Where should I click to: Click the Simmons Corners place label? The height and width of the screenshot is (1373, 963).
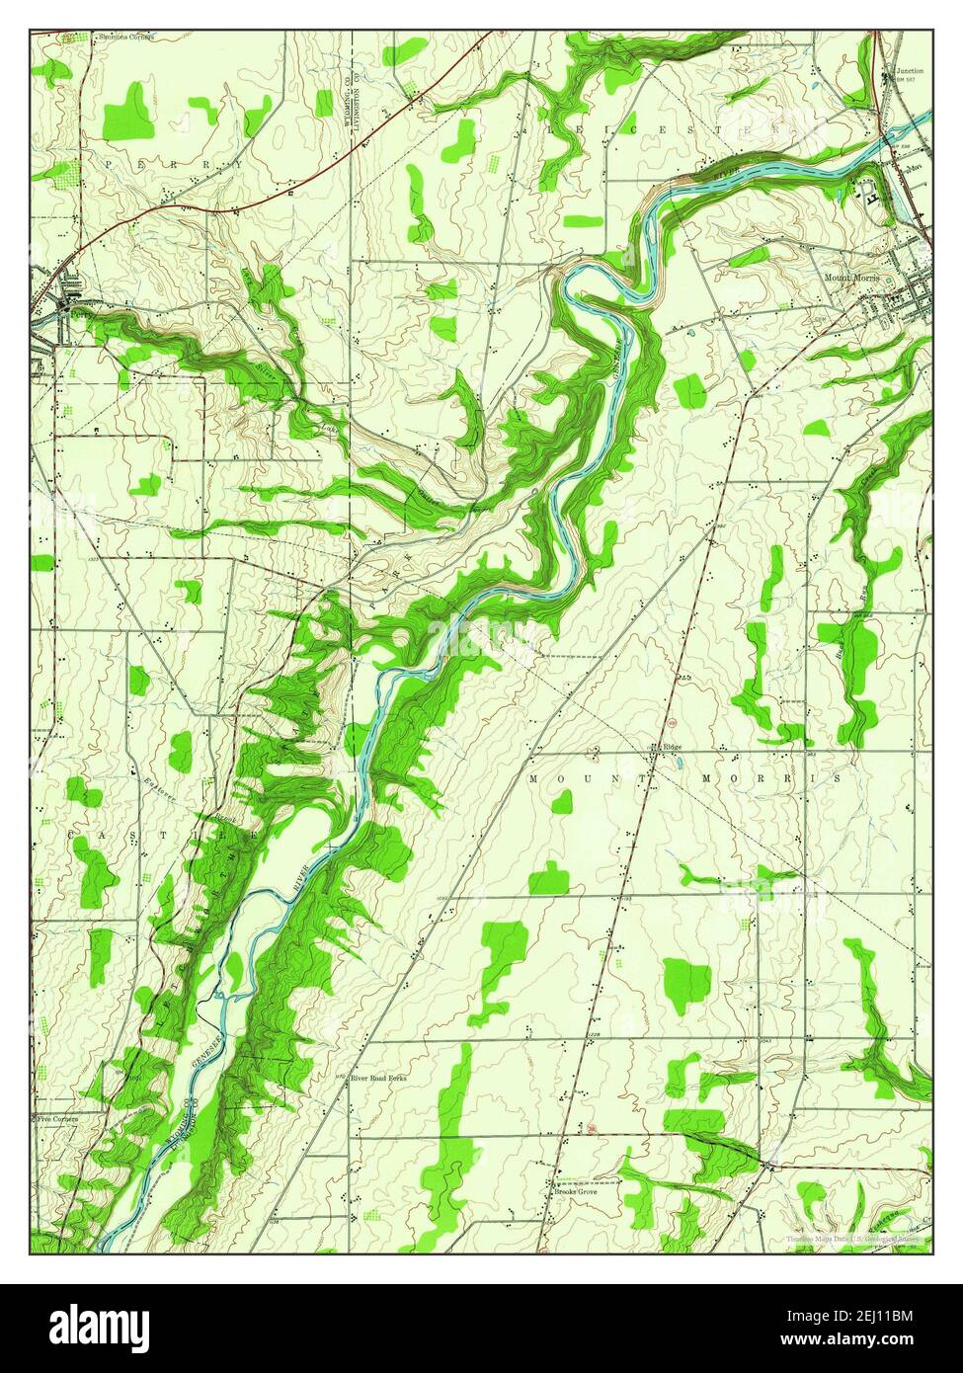[x=125, y=37]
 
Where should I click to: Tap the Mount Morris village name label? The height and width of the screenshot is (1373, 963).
[x=851, y=278]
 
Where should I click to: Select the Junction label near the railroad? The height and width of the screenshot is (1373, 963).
[x=910, y=71]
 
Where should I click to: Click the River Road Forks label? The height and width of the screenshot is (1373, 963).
[x=378, y=1078]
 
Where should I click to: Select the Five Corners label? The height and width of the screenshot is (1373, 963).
[x=56, y=1119]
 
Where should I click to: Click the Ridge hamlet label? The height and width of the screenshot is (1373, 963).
[x=673, y=747]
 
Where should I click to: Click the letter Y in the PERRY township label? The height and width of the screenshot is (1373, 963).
[x=237, y=164]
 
